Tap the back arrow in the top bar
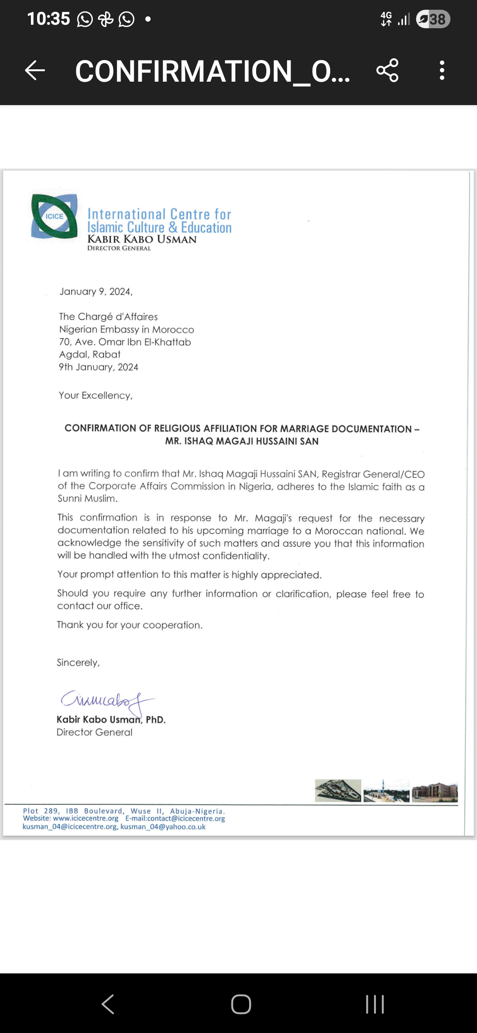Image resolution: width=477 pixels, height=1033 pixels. click(35, 71)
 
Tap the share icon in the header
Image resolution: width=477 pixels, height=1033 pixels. click(387, 71)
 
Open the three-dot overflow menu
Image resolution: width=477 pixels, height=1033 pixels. click(442, 71)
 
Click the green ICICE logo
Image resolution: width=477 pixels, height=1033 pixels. click(54, 216)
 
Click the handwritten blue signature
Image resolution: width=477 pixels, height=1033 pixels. click(106, 701)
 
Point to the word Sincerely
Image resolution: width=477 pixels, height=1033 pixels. click(78, 663)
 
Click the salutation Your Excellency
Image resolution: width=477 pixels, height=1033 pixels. click(95, 396)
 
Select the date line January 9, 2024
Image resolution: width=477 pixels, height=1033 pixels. click(96, 292)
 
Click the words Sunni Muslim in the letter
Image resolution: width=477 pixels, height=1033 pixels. click(87, 499)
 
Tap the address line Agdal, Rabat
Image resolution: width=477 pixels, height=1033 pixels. click(90, 354)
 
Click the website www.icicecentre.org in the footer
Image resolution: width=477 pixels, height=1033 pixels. click(86, 818)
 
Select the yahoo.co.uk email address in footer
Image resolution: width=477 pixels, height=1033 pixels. click(163, 827)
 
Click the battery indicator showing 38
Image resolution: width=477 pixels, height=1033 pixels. click(433, 19)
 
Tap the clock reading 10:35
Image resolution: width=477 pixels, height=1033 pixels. click(49, 19)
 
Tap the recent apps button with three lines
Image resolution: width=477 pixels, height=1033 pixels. click(375, 1004)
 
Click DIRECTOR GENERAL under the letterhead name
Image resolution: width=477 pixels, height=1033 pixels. click(119, 249)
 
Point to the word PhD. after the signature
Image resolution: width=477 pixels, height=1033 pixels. click(155, 720)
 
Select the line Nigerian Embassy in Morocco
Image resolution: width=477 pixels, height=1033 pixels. click(126, 330)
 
